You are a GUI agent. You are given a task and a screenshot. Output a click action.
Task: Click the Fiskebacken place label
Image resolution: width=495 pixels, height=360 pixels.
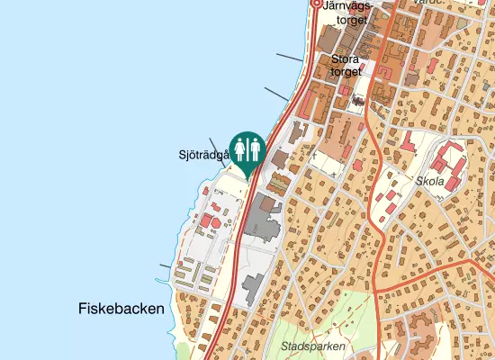(121, 309)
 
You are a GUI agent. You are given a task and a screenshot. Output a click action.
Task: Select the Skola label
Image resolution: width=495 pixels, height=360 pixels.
(430, 180)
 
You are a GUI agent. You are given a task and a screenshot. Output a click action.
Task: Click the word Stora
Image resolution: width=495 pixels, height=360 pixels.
(346, 59)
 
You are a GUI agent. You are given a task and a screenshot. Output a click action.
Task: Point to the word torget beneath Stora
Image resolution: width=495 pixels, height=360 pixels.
(346, 72)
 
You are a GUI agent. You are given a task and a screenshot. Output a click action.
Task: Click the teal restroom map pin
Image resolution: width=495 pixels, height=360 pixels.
(247, 150)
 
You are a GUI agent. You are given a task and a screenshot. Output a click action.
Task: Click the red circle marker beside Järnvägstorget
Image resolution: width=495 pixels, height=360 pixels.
(316, 4)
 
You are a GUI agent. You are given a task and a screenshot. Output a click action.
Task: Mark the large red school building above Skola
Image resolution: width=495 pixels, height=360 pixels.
(446, 165)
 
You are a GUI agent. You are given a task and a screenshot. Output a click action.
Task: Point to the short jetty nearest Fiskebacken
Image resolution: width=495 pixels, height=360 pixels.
(164, 266)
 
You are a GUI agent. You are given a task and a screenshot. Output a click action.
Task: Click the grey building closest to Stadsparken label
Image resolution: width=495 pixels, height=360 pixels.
(250, 287)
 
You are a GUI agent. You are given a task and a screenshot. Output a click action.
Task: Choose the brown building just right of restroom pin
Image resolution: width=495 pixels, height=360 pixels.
(279, 160)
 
